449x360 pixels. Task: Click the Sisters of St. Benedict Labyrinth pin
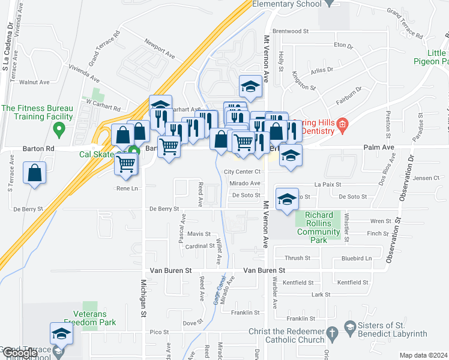(351, 326)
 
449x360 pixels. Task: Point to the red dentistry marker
(343, 125)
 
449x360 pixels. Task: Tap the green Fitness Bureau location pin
(59, 128)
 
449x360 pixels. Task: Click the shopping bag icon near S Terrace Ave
(35, 173)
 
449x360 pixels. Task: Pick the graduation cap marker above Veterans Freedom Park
(61, 334)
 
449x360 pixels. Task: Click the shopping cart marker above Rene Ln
(127, 163)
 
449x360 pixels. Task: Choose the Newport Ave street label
(159, 49)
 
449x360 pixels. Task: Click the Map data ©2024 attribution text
(424, 355)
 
